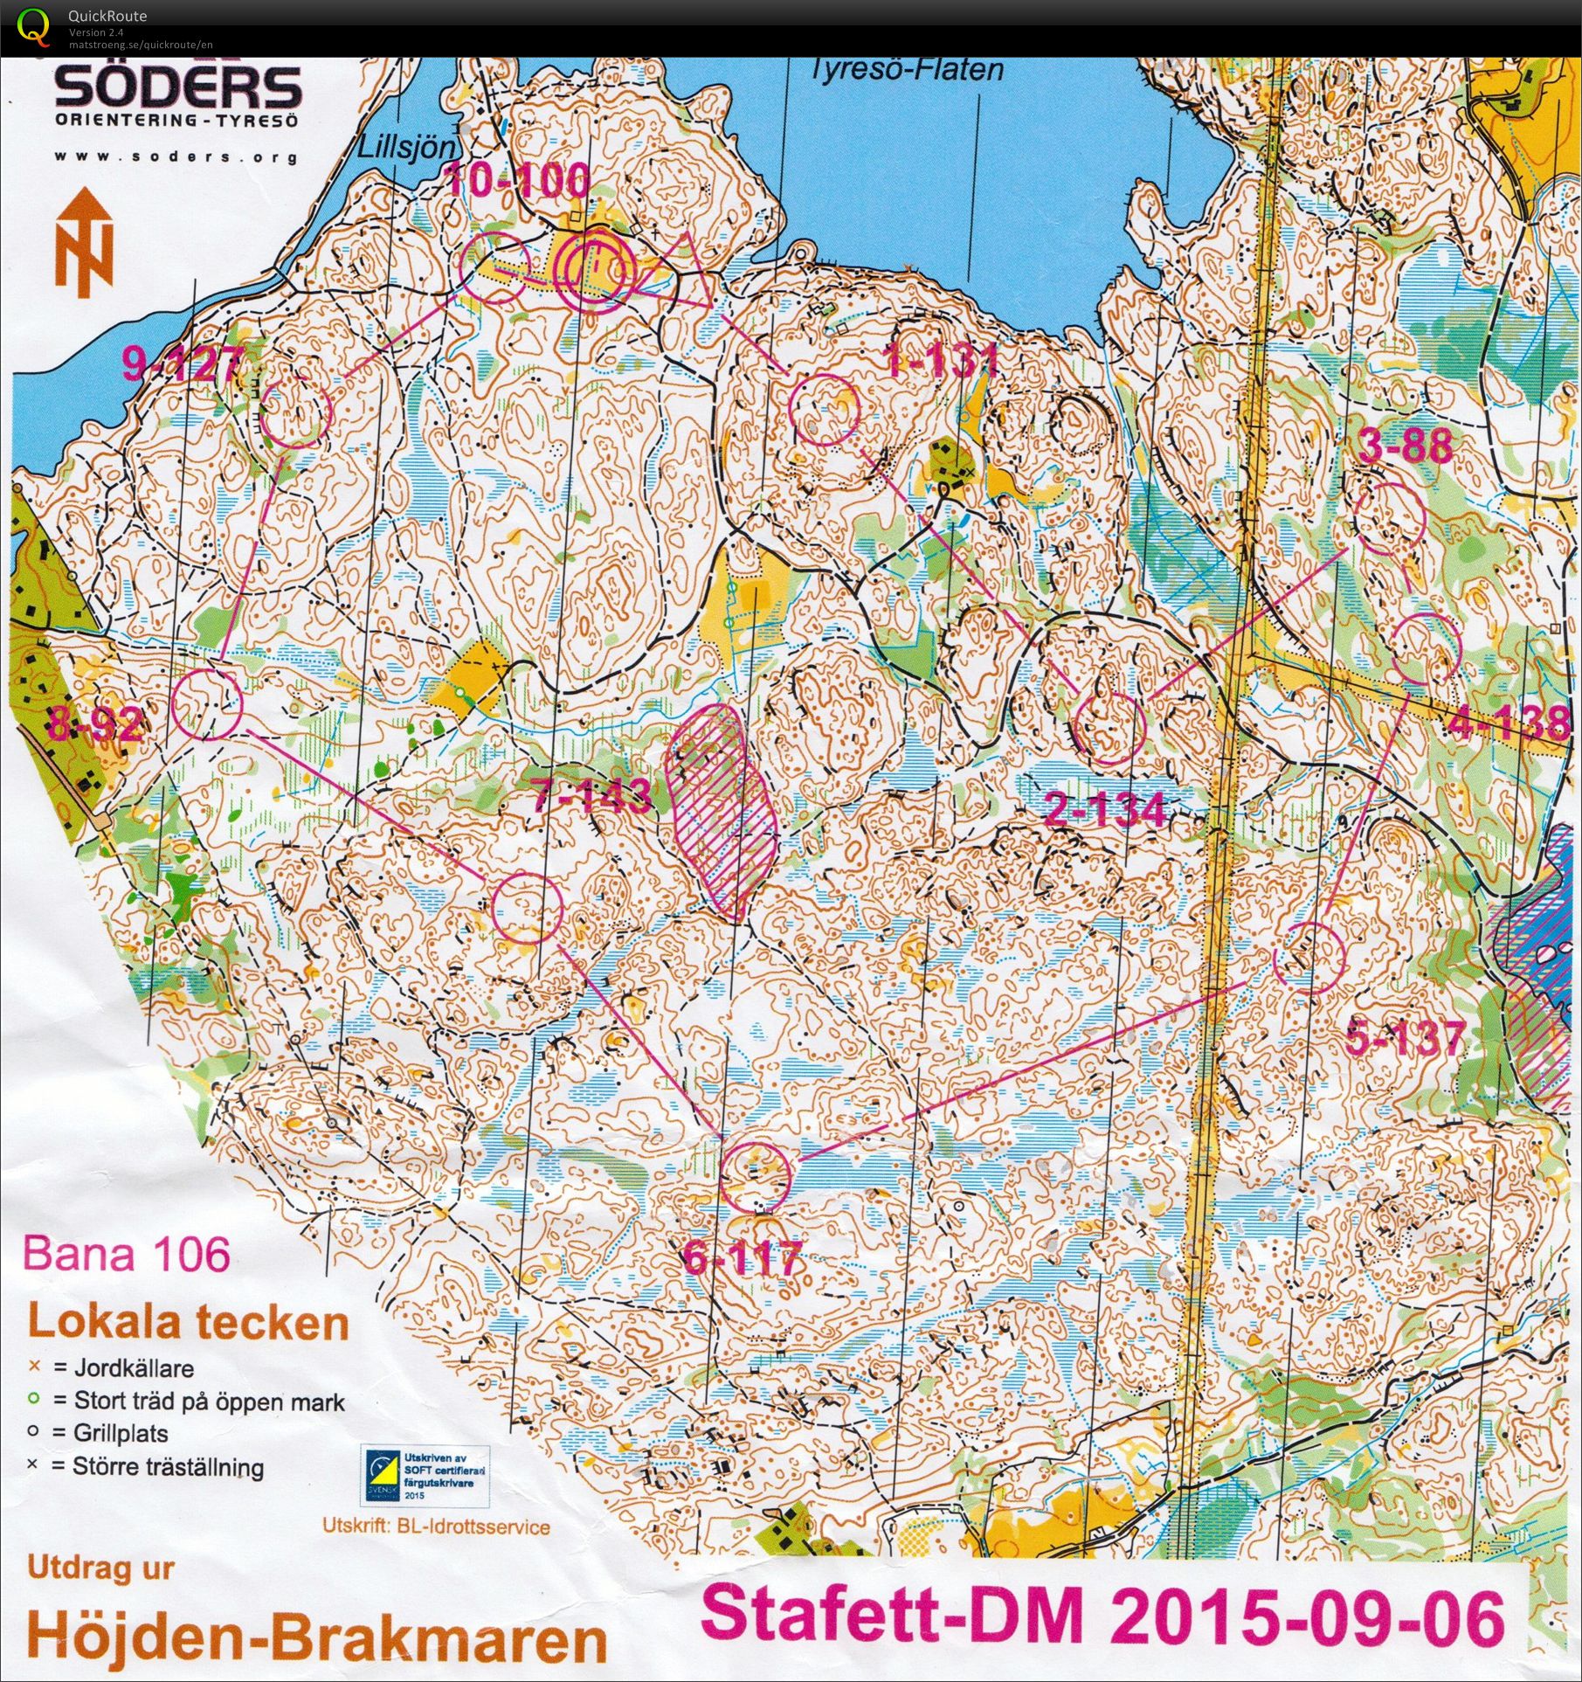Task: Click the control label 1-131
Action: coord(942,359)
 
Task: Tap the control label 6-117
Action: coord(743,1259)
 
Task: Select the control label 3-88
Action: coord(1406,446)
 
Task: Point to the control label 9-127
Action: coord(182,363)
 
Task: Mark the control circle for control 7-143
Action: coord(527,909)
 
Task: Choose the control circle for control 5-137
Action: coord(1308,958)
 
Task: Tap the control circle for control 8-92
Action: coord(206,705)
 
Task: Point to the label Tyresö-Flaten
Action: coord(907,70)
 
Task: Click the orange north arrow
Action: coord(84,242)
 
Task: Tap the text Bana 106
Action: coord(127,1255)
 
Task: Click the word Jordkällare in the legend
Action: coord(134,1367)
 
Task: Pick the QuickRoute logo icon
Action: coord(33,25)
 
